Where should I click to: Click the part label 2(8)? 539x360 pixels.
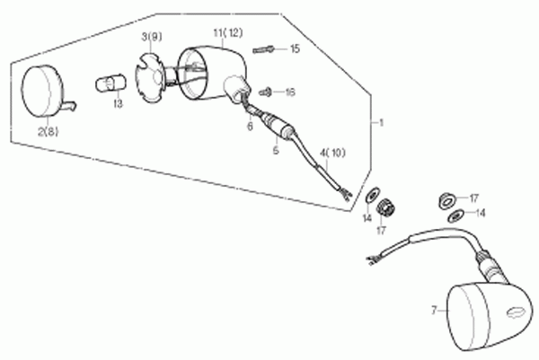[49, 132]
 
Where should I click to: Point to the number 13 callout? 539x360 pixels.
[118, 104]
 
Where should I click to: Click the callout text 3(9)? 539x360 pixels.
[152, 37]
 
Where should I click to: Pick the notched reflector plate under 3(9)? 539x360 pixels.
[150, 76]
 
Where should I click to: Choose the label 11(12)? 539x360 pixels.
[228, 33]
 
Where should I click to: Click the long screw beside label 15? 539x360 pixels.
[264, 50]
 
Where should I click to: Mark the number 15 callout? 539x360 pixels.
[295, 48]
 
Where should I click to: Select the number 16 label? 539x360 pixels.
[290, 92]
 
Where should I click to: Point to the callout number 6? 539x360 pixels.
[250, 127]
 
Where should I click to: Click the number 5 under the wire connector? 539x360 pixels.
[276, 150]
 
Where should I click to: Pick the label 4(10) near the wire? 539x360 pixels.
[332, 153]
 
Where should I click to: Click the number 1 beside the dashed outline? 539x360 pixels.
[381, 123]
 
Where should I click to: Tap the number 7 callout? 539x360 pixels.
[434, 311]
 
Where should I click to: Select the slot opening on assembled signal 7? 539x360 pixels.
[516, 312]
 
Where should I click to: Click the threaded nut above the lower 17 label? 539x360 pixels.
[385, 207]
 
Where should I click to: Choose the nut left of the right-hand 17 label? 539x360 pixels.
[447, 201]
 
